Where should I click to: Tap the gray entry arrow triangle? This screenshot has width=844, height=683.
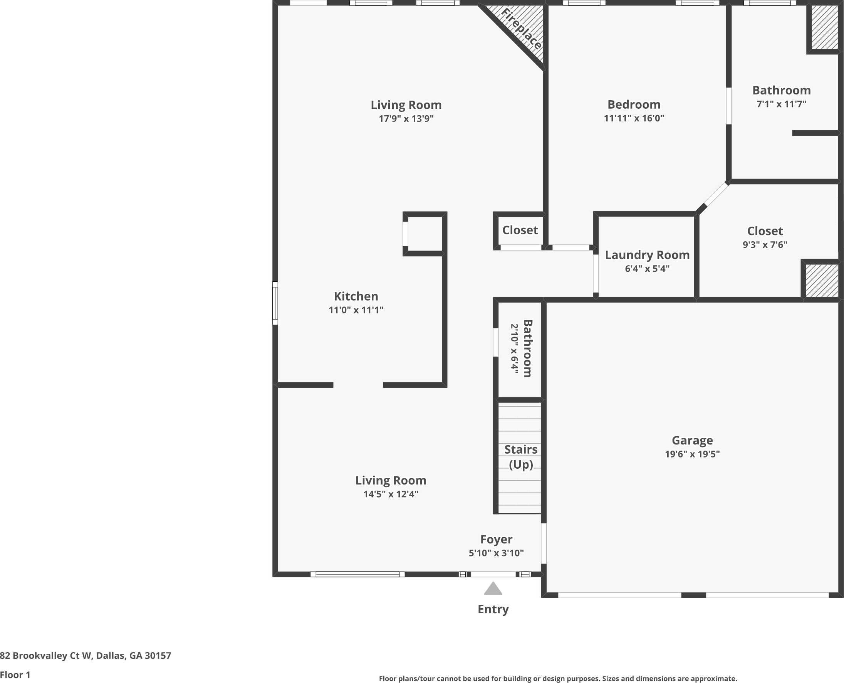pyautogui.click(x=493, y=589)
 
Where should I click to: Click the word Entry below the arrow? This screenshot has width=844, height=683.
pyautogui.click(x=493, y=609)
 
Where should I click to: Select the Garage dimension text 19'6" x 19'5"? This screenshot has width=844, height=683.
pyautogui.click(x=692, y=454)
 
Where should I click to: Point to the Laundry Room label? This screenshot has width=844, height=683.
pyautogui.click(x=647, y=255)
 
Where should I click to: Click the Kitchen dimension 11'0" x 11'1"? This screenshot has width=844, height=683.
pyautogui.click(x=356, y=310)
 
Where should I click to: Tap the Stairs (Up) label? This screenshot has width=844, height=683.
pyautogui.click(x=521, y=457)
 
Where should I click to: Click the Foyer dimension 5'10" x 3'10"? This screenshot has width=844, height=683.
pyautogui.click(x=496, y=553)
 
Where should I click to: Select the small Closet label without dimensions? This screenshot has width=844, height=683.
pyautogui.click(x=520, y=230)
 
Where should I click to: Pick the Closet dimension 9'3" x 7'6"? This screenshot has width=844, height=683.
pyautogui.click(x=765, y=245)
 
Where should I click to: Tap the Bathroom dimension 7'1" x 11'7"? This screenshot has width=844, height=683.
pyautogui.click(x=782, y=104)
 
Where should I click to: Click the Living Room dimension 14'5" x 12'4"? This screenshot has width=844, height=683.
pyautogui.click(x=391, y=494)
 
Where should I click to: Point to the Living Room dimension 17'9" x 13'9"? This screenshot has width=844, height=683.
pyautogui.click(x=406, y=118)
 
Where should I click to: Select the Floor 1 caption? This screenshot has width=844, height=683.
pyautogui.click(x=15, y=675)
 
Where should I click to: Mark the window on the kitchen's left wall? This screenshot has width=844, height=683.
pyautogui.click(x=275, y=303)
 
